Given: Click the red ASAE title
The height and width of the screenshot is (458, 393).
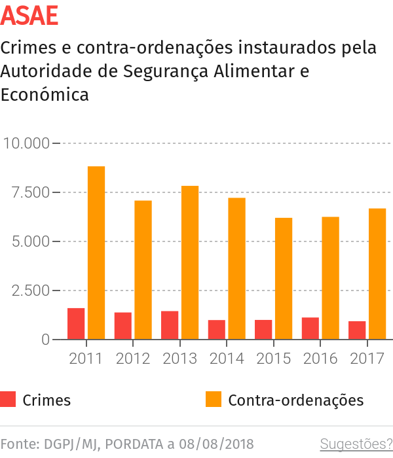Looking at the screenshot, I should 29,15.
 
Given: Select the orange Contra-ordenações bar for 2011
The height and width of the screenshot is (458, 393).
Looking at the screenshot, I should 96,253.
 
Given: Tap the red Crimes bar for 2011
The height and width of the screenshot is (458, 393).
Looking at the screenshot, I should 76,323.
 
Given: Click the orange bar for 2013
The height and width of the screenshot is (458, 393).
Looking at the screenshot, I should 190,262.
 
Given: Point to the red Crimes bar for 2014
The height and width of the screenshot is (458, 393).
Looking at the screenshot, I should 217,330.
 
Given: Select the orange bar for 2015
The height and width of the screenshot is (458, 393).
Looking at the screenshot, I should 284,278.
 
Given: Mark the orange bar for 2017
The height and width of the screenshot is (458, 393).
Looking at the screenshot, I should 377,273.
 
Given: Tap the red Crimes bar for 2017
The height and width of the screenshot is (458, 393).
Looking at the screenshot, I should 357,330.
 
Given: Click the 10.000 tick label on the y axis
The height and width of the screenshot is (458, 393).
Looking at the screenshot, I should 26,143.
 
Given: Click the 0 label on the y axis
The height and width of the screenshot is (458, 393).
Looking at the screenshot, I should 46,340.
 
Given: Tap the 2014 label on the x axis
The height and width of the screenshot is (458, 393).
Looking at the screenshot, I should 227,359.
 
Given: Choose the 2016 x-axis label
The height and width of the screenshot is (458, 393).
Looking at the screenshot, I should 320,359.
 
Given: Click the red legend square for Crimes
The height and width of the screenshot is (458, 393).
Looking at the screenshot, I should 9,400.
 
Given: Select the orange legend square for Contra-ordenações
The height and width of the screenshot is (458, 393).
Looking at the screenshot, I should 214,400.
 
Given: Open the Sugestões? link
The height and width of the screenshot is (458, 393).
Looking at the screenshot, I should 356,444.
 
